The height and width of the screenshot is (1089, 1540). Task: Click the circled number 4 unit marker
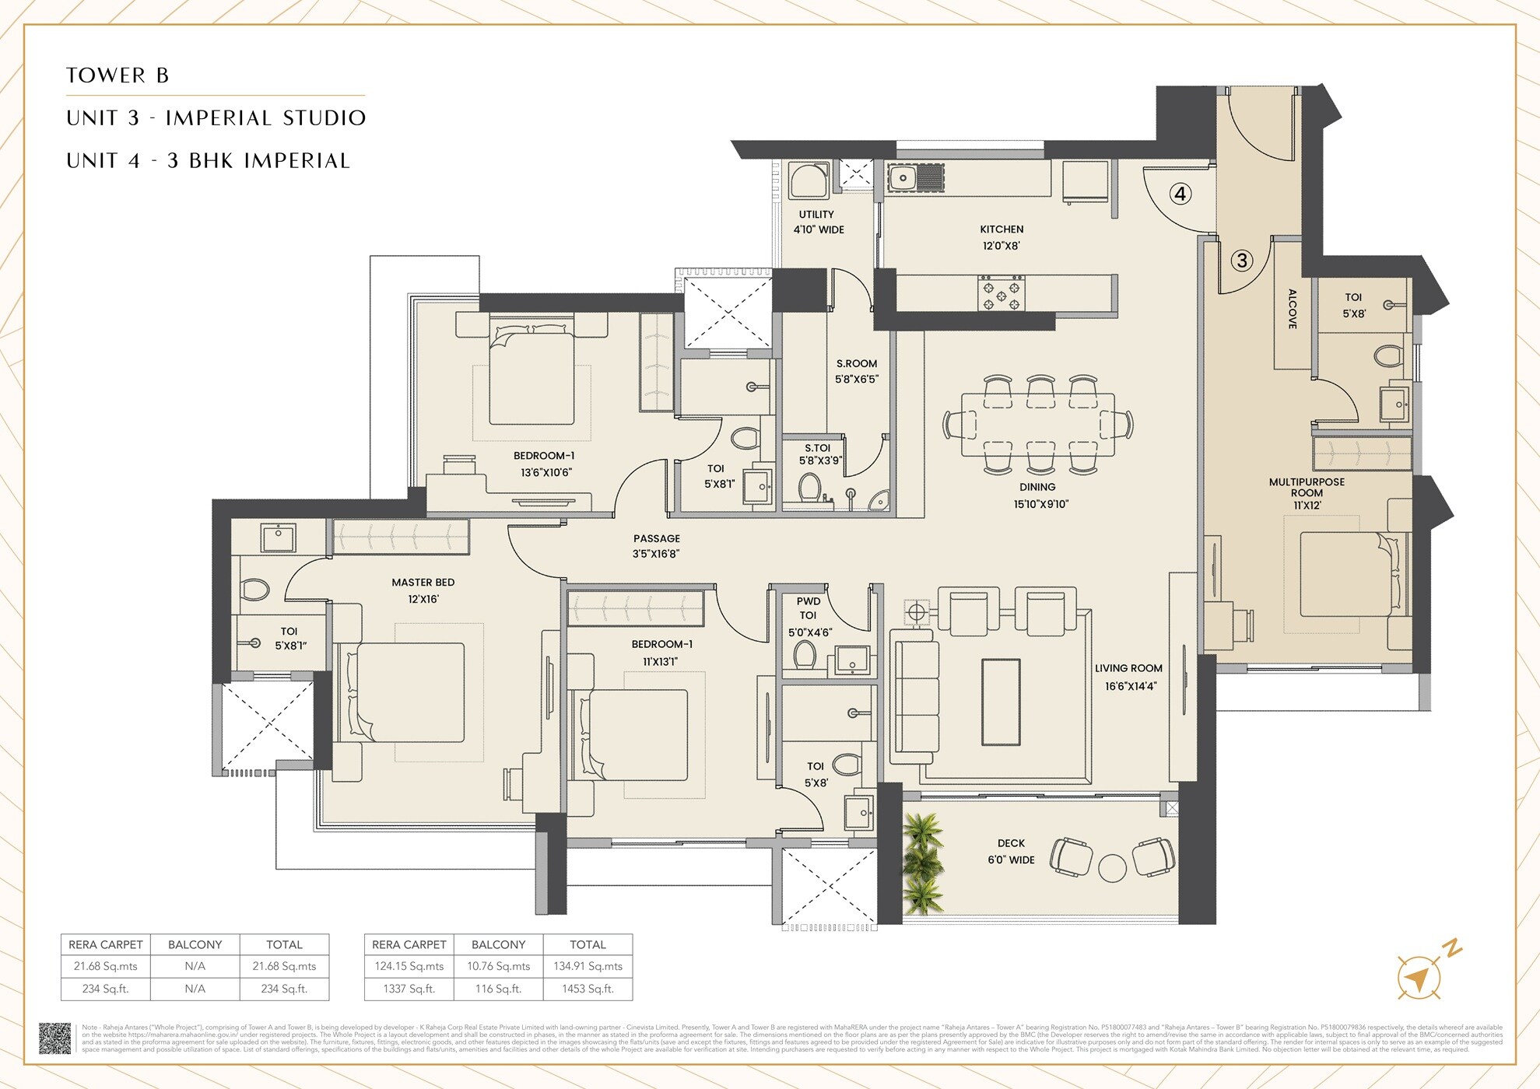1180,194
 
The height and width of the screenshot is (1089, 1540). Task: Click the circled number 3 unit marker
1242,261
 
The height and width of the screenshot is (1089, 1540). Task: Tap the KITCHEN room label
1002,229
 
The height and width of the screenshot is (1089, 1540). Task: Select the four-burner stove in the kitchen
1002,293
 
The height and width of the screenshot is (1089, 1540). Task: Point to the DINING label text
1037,487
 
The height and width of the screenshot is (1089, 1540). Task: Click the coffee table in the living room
1001,702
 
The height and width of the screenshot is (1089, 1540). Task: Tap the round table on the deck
1112,867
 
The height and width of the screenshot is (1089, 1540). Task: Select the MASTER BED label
423,583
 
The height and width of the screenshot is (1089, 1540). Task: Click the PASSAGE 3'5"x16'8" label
656,546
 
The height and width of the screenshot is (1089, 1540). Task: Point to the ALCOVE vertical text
1292,309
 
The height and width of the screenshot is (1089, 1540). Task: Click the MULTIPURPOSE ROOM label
1307,488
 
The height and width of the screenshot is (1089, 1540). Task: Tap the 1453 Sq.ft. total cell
588,989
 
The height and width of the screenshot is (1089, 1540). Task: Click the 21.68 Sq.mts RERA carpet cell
105,966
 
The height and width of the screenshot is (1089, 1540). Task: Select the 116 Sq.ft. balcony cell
498,989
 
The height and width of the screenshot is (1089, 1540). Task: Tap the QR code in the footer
54,1038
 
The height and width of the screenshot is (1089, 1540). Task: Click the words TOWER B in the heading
118,75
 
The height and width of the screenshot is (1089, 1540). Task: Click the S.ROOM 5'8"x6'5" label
856,371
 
